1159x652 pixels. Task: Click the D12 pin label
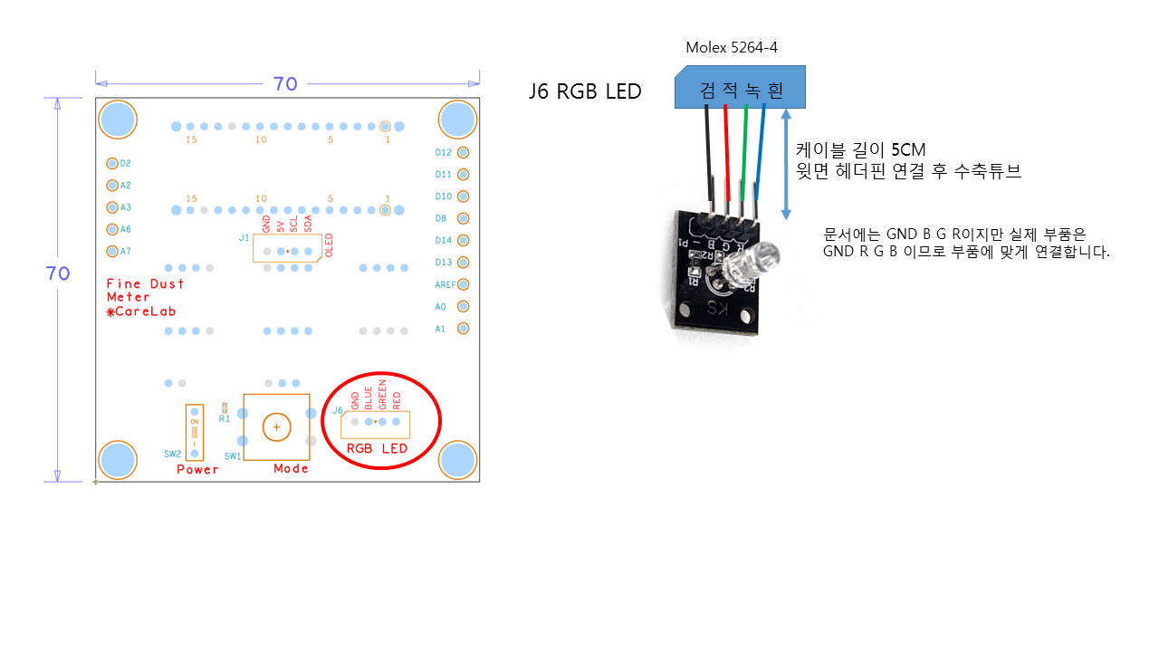[444, 152]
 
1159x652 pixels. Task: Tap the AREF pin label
[443, 284]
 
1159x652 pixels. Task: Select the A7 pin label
[126, 251]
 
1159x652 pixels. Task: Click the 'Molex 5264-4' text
[732, 47]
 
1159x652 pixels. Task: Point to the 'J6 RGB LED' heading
[585, 91]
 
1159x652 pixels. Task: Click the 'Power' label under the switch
[197, 469]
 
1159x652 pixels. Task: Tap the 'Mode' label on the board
[291, 468]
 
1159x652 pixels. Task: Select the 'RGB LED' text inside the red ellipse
[378, 449]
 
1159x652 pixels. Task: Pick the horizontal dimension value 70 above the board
[285, 84]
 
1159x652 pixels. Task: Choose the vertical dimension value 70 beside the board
[58, 273]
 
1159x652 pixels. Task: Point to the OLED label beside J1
[329, 245]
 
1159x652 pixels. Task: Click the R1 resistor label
[225, 419]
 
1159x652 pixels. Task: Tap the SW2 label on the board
[172, 453]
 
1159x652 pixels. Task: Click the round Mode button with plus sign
[276, 426]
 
